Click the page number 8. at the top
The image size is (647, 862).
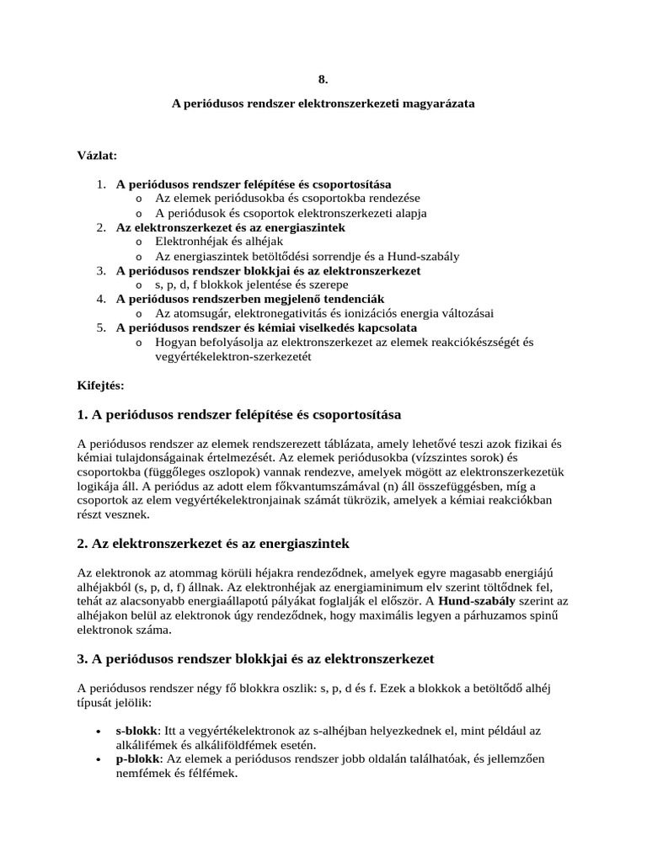[323, 79]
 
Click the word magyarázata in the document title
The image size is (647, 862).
[436, 104]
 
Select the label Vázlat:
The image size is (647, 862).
[97, 157]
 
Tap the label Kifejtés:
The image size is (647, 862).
[100, 386]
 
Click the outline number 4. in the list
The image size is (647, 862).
[100, 298]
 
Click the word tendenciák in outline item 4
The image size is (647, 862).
[352, 298]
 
